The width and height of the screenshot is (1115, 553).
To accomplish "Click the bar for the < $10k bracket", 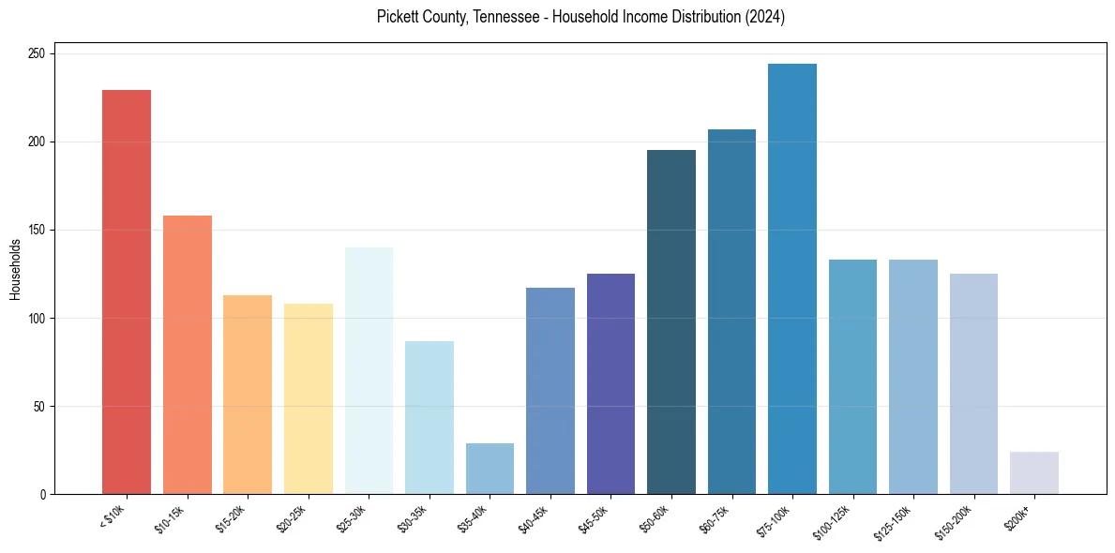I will pos(127,292).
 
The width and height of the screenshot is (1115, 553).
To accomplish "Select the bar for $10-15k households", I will pos(188,355).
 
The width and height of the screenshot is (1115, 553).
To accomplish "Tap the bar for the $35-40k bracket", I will pos(490,469).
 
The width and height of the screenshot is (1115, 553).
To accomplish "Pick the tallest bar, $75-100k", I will pos(792,279).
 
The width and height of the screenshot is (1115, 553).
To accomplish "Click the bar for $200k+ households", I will pos(1034,473).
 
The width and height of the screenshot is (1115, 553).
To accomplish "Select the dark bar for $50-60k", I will pos(671,322).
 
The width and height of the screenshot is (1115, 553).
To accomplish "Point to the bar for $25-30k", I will pos(369,371).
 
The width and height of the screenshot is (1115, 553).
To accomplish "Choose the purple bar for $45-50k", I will pos(610,384).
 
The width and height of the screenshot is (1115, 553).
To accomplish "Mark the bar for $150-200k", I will pos(973,384).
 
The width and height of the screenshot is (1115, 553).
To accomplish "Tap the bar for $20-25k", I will pos(309,399).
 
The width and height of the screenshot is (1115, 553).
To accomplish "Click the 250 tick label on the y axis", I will pos(38,54).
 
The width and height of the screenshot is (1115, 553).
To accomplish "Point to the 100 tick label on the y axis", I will pos(38,319).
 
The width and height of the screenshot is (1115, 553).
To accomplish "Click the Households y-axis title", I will pos(16,269).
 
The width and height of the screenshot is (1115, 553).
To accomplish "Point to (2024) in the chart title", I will pos(765,17).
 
